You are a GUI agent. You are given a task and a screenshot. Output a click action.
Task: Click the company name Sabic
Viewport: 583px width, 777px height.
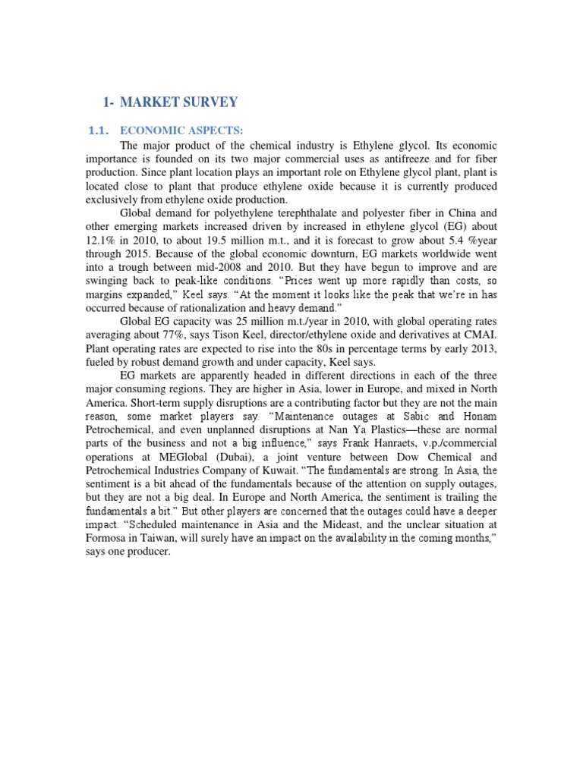[422, 417]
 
